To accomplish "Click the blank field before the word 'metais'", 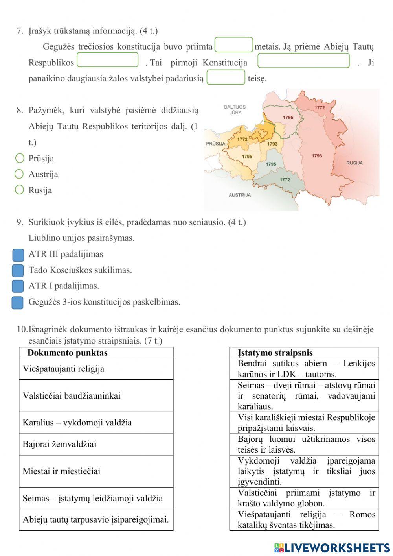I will point(234,45).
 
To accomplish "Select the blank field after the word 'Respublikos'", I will point(108,60).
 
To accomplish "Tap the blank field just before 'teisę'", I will point(226,77).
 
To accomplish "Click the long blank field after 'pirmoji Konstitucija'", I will point(303,61).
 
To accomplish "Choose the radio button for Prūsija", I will point(20,158).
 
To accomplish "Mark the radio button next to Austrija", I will point(19,174).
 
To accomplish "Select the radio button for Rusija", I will point(19,190).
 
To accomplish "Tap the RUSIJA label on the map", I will point(354,163).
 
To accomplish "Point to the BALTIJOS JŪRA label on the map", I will point(235,110).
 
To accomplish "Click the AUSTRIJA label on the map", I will point(240,195).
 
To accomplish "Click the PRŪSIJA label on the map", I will point(216,144).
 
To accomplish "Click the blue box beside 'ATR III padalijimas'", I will point(18,255).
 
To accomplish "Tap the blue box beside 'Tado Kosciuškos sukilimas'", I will point(18,271).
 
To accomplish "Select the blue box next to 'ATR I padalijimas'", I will point(18,286).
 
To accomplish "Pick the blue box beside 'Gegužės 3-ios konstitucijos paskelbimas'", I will point(18,303).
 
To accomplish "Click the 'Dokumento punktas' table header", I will point(67,353).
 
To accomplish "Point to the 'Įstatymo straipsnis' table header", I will point(275,353).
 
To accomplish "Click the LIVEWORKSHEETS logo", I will point(332,548).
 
